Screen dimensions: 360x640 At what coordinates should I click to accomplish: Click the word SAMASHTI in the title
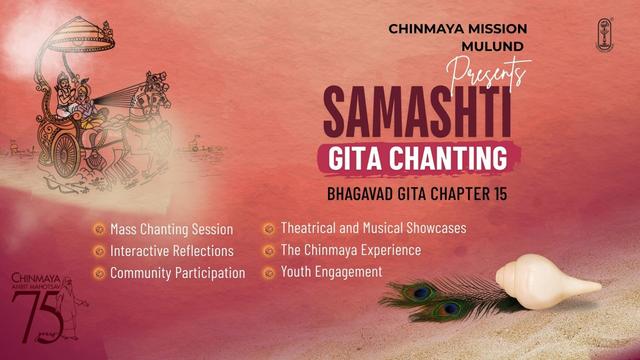pyautogui.click(x=417, y=114)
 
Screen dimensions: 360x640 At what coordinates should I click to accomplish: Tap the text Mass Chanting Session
pyautogui.click(x=171, y=229)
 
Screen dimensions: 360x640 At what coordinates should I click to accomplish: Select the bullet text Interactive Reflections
pyautogui.click(x=171, y=251)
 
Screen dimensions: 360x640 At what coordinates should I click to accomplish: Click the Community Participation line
pyautogui.click(x=177, y=272)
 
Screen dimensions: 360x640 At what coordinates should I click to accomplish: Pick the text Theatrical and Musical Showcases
pyautogui.click(x=373, y=228)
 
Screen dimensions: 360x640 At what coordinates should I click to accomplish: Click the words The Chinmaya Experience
pyautogui.click(x=350, y=250)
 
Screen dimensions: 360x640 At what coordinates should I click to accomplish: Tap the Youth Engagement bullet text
pyautogui.click(x=331, y=271)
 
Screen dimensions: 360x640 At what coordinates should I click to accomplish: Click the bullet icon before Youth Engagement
pyautogui.click(x=268, y=272)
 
